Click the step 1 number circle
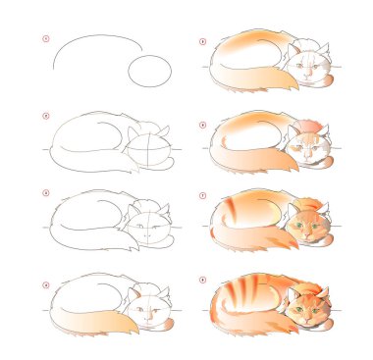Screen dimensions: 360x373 [44, 40]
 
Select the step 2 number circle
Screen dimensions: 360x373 [44, 116]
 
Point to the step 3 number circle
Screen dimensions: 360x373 [44, 193]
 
